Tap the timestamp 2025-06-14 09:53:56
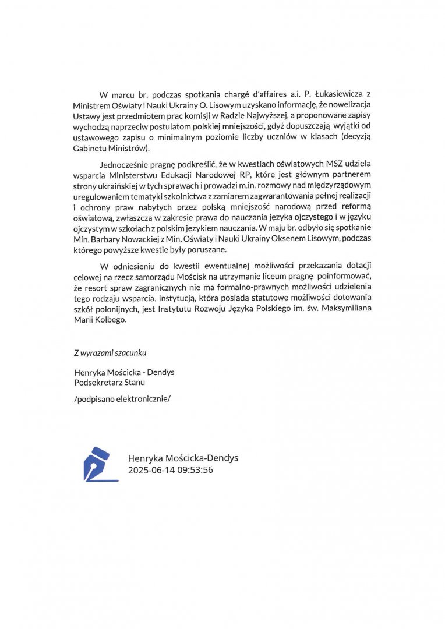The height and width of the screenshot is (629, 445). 170,470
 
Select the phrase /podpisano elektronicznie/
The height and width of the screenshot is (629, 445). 123,399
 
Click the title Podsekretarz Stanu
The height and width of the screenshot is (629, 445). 110,383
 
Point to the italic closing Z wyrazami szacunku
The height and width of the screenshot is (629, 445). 110,352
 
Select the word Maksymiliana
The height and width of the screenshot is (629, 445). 348,309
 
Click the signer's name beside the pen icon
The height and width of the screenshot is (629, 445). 183,458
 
